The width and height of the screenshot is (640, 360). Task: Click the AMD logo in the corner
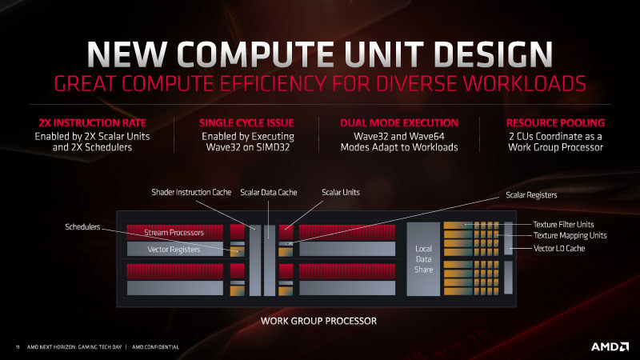tap(610, 347)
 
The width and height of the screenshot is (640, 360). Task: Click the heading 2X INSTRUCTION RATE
tap(92, 123)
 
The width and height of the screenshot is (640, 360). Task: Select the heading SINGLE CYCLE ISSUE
tap(246, 123)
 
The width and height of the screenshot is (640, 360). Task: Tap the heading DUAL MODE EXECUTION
tap(399, 123)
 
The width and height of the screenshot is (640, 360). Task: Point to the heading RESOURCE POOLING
tap(555, 123)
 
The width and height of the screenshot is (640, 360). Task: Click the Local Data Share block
tap(423, 258)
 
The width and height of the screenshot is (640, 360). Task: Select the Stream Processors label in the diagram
tap(174, 233)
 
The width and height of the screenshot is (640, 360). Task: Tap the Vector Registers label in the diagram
tap(174, 250)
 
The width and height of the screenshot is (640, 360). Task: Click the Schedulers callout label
tap(82, 226)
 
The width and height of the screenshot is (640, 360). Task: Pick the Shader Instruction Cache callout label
tap(191, 192)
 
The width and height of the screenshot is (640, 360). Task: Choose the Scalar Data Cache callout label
tap(269, 192)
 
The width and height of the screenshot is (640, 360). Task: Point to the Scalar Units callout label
tap(341, 192)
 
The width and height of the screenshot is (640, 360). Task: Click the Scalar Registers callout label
tap(531, 195)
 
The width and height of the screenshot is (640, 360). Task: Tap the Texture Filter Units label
tap(563, 224)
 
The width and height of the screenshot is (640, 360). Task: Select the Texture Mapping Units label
tap(570, 235)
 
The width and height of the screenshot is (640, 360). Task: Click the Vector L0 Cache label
tap(559, 248)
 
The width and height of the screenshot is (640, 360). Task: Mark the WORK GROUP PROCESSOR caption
tap(318, 321)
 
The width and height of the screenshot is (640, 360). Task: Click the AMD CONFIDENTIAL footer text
tap(155, 347)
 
